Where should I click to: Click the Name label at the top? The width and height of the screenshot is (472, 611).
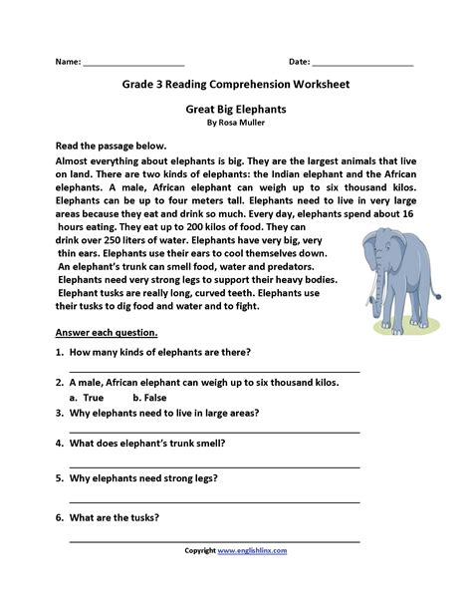coord(67,62)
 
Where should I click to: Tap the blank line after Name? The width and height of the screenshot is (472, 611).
coord(133,65)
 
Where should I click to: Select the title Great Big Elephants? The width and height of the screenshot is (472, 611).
coord(235,113)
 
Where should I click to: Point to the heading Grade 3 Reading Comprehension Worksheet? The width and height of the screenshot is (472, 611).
coord(235,86)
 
